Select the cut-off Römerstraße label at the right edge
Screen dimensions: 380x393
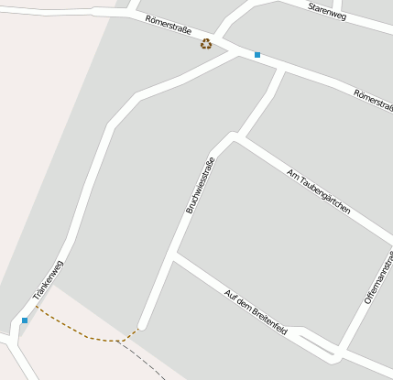click(373, 100)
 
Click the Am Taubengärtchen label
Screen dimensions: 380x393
click(319, 191)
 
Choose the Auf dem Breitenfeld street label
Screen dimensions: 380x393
click(256, 312)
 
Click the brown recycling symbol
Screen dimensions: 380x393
click(206, 43)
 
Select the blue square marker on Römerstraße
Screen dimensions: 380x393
click(257, 55)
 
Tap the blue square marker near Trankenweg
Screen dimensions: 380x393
click(25, 320)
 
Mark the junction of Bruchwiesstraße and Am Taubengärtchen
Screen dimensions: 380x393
click(234, 137)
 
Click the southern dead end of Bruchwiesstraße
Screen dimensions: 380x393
click(142, 324)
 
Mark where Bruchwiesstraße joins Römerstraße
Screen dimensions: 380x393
click(277, 68)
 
